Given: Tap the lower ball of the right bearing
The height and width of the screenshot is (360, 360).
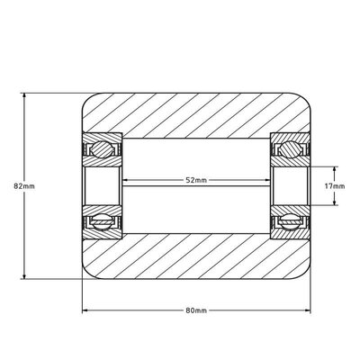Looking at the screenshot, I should tap(291, 220).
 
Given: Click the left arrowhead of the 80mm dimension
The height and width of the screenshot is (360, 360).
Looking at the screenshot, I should tap(86, 311).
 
